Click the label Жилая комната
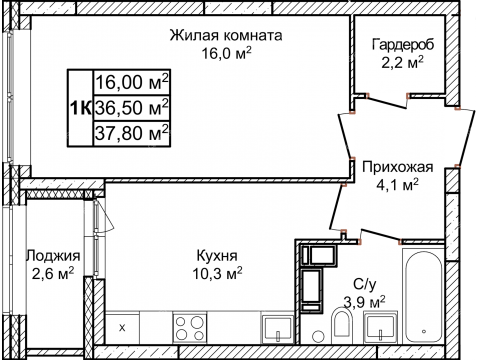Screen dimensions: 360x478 click(225, 35)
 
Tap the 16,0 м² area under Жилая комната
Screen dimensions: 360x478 click(225, 53)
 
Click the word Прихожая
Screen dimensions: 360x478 click(398, 167)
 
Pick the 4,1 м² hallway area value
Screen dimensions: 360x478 click(398, 184)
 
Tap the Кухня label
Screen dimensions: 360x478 click(219, 253)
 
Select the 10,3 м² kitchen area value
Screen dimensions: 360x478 click(219, 270)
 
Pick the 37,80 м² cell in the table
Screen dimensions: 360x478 click(131, 129)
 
